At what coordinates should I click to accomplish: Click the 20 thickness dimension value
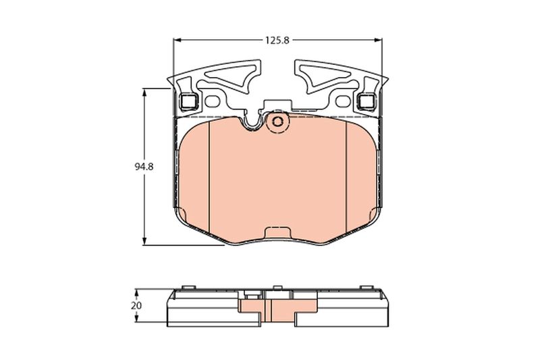click(x=137, y=305)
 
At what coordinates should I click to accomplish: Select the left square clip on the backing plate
click(x=189, y=102)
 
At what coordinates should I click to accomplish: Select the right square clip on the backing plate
click(x=366, y=102)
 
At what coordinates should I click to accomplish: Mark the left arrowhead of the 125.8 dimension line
click(x=178, y=41)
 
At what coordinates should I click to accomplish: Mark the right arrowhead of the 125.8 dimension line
click(x=379, y=41)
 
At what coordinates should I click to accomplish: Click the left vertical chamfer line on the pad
click(x=210, y=169)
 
